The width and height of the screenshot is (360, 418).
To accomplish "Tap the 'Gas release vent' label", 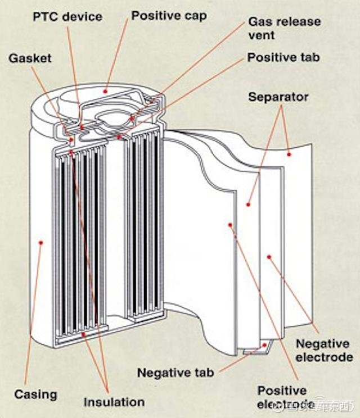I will (x=284, y=29).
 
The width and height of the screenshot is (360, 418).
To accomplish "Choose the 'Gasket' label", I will (x=30, y=58).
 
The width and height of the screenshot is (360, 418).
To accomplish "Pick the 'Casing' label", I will (x=35, y=394).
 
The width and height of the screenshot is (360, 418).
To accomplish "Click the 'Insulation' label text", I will (x=114, y=402).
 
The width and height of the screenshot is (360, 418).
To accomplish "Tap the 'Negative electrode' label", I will (x=323, y=350).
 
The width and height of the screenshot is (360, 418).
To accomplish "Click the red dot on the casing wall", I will (x=40, y=242).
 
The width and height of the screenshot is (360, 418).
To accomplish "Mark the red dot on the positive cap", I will (x=105, y=89).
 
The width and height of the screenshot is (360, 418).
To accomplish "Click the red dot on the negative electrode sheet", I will (x=269, y=257).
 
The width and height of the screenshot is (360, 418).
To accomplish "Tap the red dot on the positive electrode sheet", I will (x=231, y=225).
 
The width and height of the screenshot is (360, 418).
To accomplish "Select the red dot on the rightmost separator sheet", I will (x=289, y=153).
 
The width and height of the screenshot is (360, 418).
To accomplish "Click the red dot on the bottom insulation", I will (x=83, y=335).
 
